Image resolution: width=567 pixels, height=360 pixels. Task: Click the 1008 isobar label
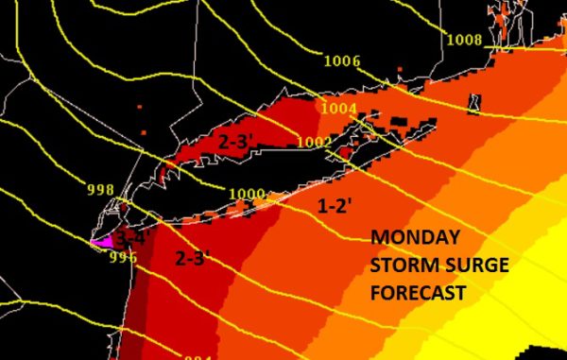point(464,40)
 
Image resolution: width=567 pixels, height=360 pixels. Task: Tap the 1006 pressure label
point(341,61)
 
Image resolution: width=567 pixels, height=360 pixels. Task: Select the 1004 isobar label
point(338,108)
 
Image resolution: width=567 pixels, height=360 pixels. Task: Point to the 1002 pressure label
point(315,143)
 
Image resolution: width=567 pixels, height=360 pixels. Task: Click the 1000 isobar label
point(248,195)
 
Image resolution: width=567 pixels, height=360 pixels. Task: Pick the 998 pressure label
point(100,189)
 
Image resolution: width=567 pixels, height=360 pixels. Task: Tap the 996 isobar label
point(124,256)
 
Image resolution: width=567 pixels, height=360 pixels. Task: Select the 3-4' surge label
point(131,237)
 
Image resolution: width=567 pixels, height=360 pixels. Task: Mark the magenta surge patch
point(101,242)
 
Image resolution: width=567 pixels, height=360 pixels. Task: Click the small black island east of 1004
point(474,103)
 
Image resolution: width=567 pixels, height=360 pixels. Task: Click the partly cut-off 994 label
point(198,355)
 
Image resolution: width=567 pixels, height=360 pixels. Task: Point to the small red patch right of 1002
point(347,150)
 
